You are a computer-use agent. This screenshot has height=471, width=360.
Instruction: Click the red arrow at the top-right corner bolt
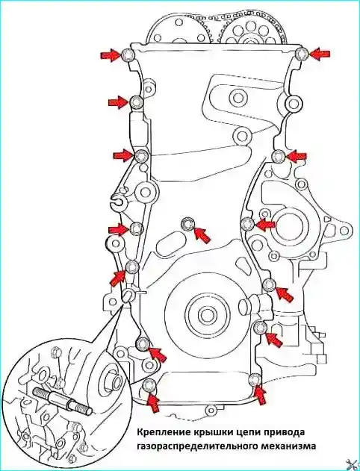[320, 54]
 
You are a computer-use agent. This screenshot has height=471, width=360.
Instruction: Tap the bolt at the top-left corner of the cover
[128, 54]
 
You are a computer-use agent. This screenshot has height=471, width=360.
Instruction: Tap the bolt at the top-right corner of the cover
[301, 54]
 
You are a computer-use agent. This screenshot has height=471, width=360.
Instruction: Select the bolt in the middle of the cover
[187, 223]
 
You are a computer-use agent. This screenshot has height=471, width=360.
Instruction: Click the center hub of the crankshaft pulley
[206, 315]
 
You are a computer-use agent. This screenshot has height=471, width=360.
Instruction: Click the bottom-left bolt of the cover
[149, 385]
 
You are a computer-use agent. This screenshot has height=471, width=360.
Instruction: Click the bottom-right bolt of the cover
[255, 379]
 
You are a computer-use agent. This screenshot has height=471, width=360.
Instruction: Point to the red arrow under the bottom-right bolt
[261, 394]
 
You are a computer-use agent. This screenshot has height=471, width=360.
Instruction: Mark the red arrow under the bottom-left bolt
[153, 402]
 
